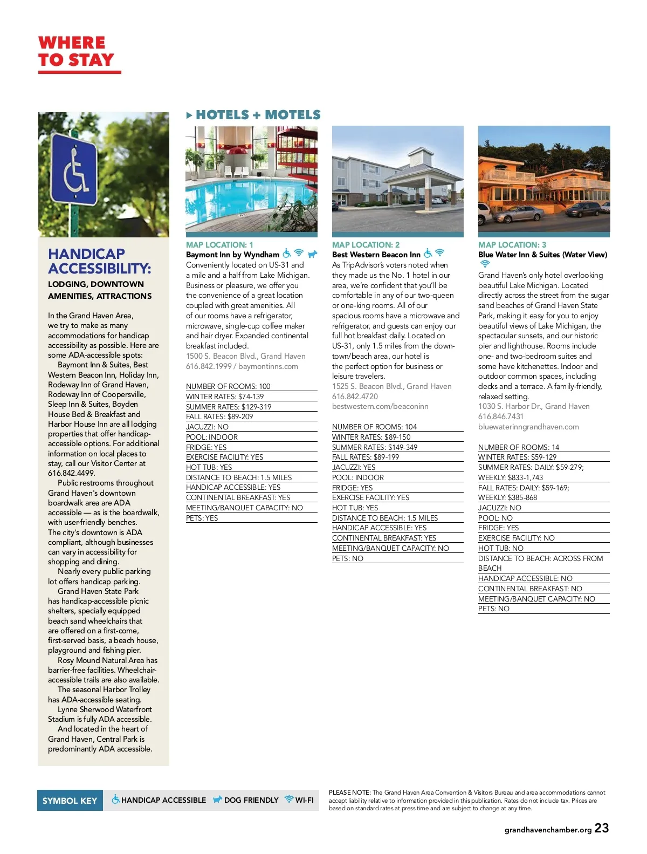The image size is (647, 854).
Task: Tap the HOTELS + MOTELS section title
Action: pyautogui.click(x=258, y=115)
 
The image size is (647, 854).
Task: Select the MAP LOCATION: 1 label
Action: pyautogui.click(x=219, y=245)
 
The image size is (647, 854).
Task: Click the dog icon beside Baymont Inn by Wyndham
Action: pyautogui.click(x=312, y=254)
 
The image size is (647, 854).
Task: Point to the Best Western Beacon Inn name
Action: pyautogui.click(x=376, y=255)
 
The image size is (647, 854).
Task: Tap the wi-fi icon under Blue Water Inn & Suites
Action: pyautogui.click(x=485, y=264)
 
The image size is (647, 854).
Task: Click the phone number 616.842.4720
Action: pyautogui.click(x=355, y=397)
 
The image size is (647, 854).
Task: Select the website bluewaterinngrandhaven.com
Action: pyautogui.click(x=528, y=427)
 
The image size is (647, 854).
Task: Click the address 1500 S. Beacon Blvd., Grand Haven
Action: pyautogui.click(x=245, y=356)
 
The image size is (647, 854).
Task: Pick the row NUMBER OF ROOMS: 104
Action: pyautogui.click(x=374, y=427)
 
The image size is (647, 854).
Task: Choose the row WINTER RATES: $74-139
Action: pyautogui.click(x=225, y=397)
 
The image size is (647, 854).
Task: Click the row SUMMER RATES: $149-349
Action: pyautogui.click(x=375, y=447)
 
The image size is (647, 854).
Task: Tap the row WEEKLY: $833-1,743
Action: pyautogui.click(x=511, y=477)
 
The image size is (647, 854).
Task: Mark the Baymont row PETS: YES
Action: pyautogui.click(x=202, y=518)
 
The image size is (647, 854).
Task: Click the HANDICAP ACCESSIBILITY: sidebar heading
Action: pyautogui.click(x=100, y=261)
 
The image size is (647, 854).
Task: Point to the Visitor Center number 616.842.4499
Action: pyautogui.click(x=71, y=473)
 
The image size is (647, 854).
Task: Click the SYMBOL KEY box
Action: pyautogui.click(x=70, y=801)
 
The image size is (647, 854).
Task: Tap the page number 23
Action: pyautogui.click(x=602, y=828)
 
